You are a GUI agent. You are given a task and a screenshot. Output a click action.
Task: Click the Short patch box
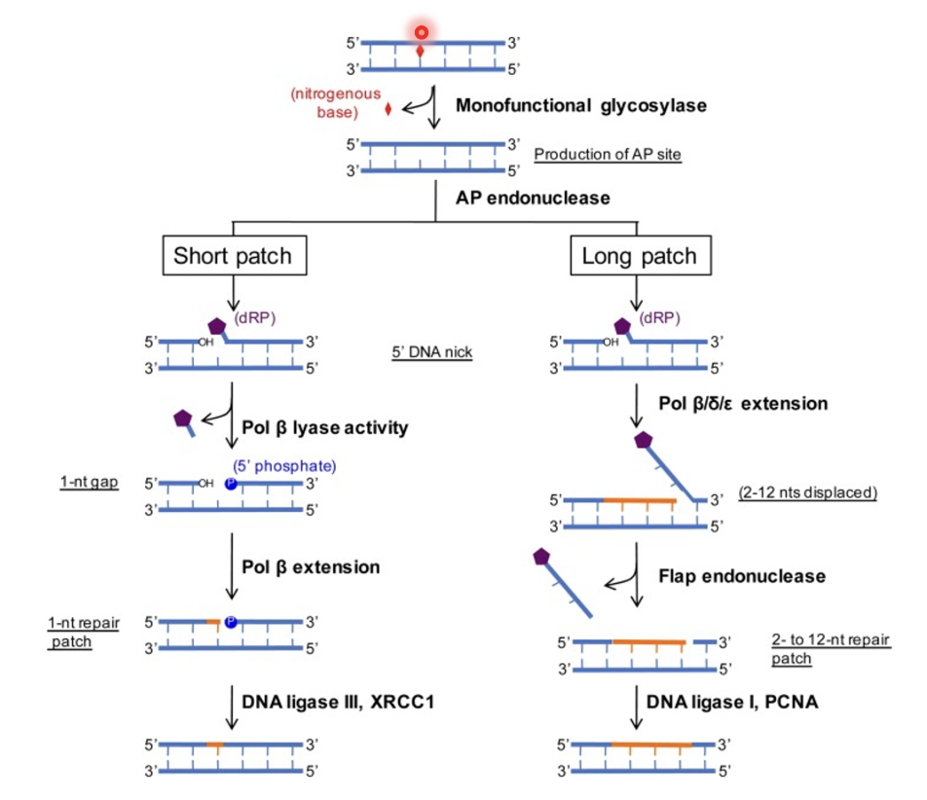click(233, 257)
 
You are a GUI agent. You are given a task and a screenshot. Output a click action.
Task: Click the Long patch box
click(639, 257)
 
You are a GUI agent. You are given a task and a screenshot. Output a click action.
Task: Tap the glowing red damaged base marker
click(421, 32)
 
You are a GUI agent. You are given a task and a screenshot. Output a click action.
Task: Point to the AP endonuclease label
click(533, 198)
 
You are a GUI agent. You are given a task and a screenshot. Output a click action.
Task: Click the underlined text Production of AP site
click(607, 155)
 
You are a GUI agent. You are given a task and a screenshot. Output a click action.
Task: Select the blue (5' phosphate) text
click(284, 466)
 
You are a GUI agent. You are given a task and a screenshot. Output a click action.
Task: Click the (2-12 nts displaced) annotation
click(807, 492)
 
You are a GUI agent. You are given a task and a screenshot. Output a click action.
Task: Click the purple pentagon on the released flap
click(544, 558)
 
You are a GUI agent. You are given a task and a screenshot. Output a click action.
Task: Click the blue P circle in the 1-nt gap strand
click(231, 483)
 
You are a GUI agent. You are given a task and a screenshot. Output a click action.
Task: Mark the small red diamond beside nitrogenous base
click(389, 109)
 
